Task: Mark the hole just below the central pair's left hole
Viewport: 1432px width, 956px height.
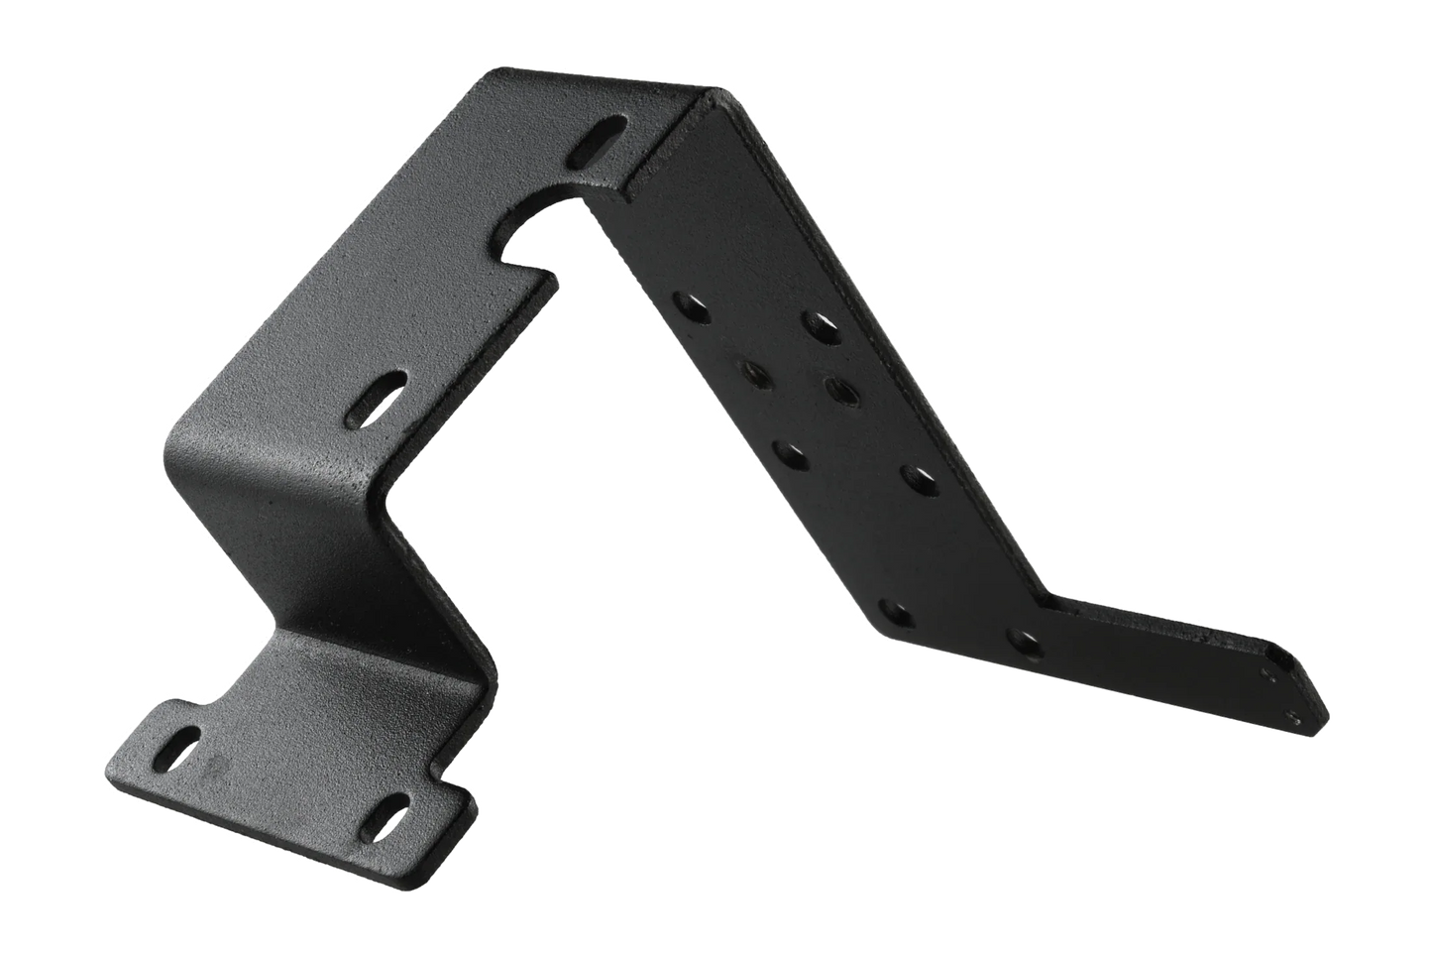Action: point(789,453)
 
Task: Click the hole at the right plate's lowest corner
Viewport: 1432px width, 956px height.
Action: point(894,612)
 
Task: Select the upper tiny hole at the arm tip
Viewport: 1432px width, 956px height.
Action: point(1272,671)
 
